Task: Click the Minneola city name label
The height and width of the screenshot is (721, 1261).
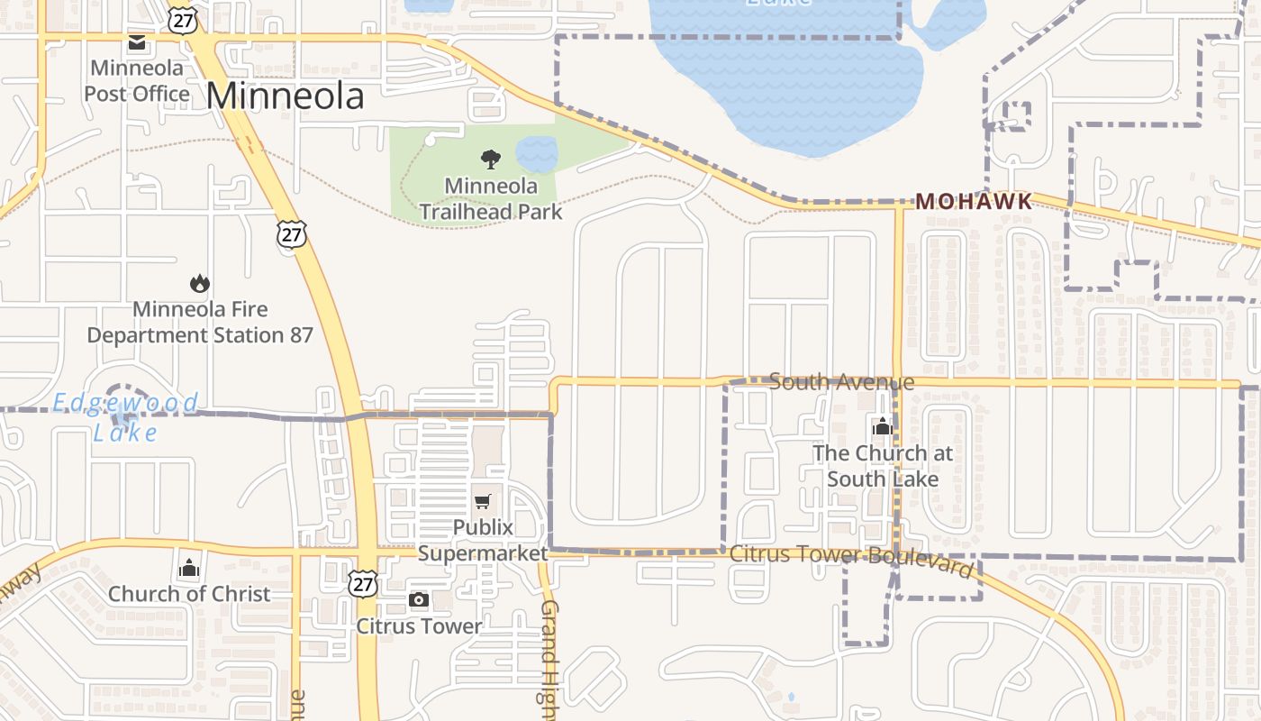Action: point(285,96)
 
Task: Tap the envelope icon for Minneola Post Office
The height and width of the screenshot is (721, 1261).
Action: point(137,42)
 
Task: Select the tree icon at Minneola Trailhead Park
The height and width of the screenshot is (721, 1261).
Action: point(491,160)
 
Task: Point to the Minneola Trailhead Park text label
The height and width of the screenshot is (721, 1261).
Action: point(491,199)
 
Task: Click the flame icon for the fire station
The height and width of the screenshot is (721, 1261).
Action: point(200,284)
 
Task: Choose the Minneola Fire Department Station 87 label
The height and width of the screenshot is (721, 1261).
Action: point(200,322)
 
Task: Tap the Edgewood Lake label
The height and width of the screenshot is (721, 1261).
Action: point(125,416)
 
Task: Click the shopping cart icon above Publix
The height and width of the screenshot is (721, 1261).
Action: point(483,501)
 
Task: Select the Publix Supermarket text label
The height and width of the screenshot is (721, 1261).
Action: point(483,540)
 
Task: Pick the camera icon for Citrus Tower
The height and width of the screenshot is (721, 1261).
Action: point(418,600)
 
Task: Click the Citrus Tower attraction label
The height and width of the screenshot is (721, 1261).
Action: point(419,625)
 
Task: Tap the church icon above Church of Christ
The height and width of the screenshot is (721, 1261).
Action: point(189,568)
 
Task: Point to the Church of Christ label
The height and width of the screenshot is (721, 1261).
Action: point(189,594)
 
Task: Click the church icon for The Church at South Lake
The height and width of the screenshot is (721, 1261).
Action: point(882,426)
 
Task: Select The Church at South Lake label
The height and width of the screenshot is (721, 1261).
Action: point(882,466)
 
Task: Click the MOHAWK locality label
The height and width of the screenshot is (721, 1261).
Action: point(974,202)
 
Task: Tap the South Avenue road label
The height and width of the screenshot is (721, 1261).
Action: point(841,382)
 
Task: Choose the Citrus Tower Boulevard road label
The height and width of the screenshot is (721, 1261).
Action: point(851,559)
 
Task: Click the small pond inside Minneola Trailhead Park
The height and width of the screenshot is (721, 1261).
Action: point(537,153)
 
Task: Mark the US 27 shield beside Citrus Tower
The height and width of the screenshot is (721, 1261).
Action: point(363,583)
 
